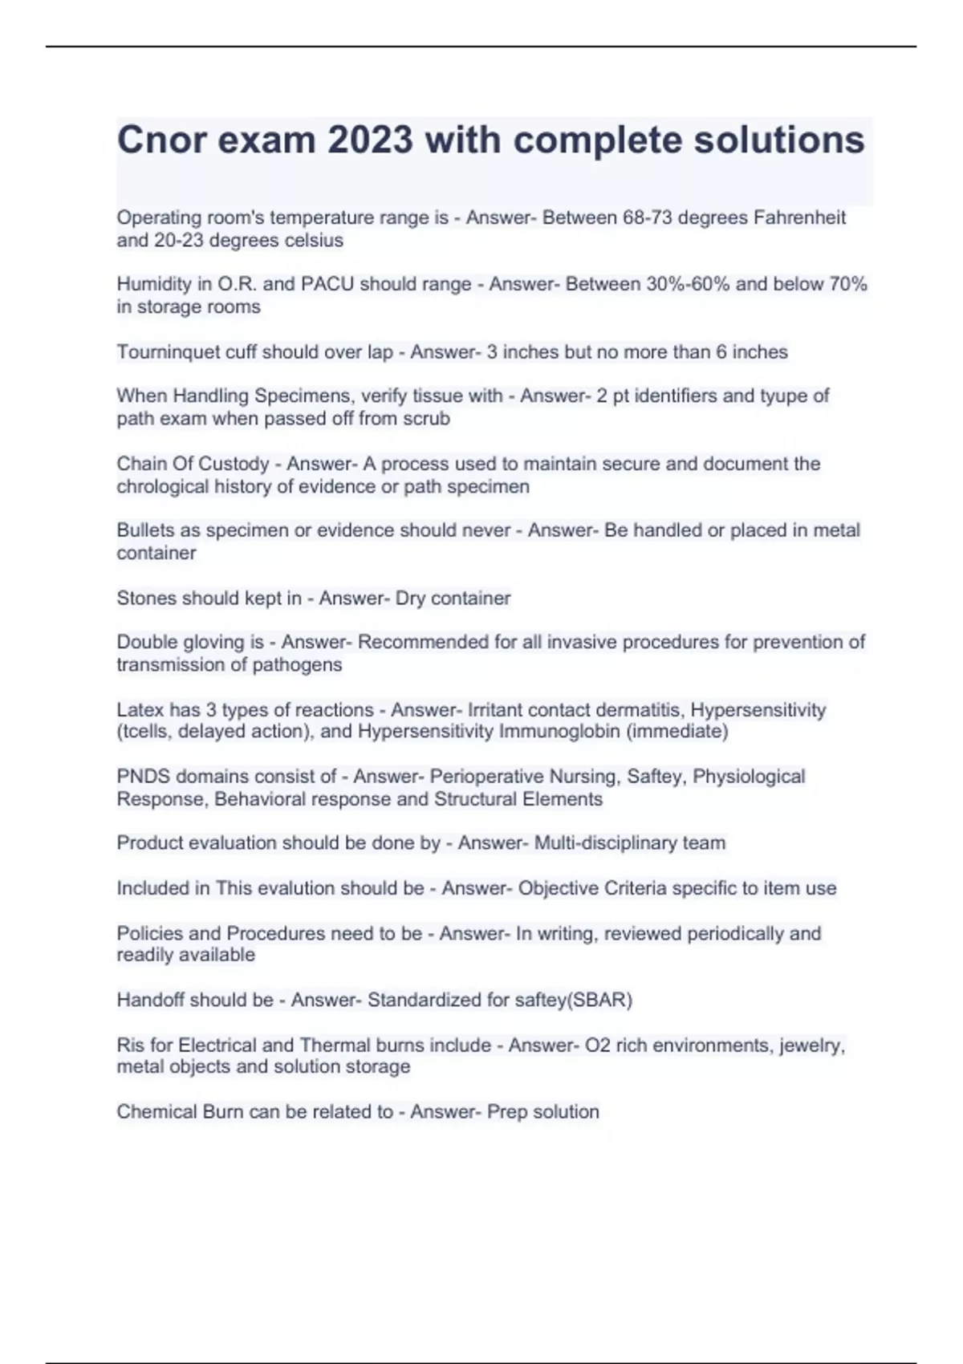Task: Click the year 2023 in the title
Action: coord(370,140)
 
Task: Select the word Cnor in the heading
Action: coord(161,140)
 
